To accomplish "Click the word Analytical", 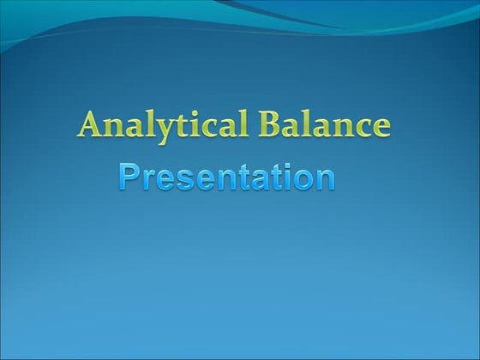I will [162, 126].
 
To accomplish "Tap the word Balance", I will [325, 126].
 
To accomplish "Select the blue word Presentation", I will [225, 177].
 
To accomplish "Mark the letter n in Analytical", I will [112, 128].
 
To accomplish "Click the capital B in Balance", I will [271, 125].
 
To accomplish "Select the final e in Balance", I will [381, 128].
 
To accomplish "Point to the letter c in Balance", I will [362, 128].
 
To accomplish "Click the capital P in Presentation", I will [129, 177].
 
